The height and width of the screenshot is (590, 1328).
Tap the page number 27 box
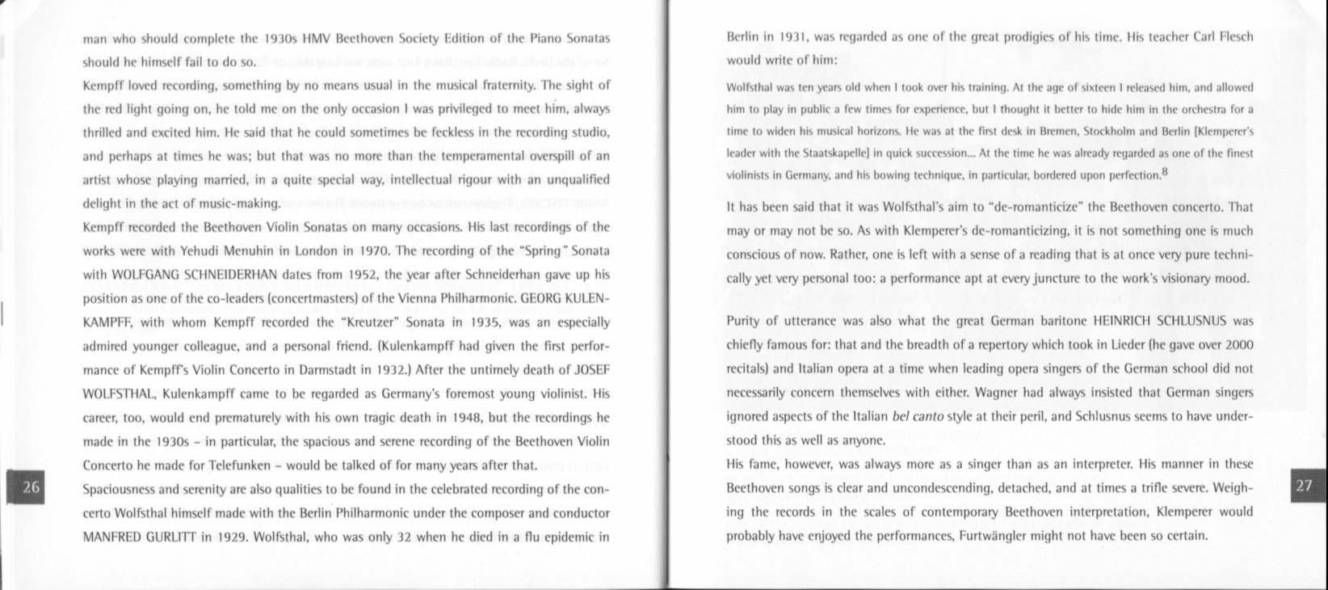tap(1305, 485)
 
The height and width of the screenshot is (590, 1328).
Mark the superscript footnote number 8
tap(1164, 171)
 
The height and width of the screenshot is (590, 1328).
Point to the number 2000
tap(1238, 345)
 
